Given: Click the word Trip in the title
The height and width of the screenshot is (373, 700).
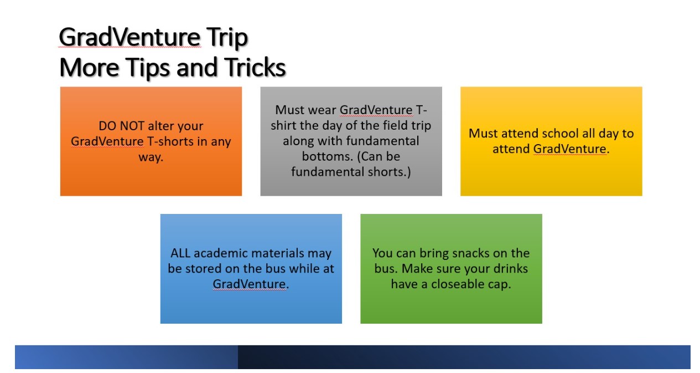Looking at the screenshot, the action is click(227, 38).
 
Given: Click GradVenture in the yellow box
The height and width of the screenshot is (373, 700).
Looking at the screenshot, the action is click(569, 149).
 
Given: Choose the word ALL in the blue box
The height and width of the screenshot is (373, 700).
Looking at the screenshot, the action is click(180, 253).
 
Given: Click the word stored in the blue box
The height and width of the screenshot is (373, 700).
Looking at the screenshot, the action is click(202, 268).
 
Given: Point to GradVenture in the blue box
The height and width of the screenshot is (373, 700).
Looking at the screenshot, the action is click(249, 284).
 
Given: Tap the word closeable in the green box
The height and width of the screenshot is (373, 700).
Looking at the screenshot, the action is click(454, 284).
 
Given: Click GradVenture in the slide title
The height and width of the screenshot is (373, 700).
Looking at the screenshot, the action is click(129, 38).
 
